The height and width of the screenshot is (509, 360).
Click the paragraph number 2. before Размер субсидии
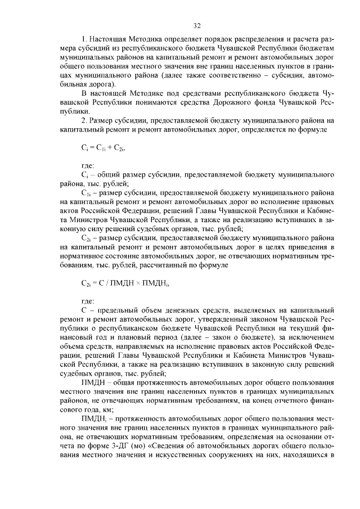tap(85, 120)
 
